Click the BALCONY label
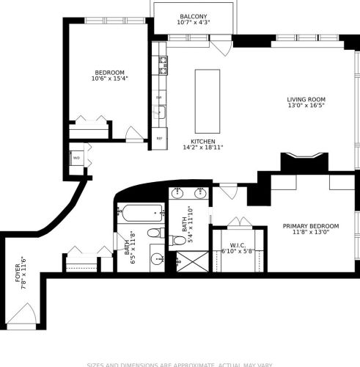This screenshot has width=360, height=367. point(194,17)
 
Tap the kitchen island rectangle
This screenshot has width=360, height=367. point(207,90)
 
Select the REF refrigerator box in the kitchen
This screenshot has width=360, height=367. point(159,138)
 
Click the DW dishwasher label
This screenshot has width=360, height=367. point(158,98)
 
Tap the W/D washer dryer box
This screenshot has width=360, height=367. point(76,157)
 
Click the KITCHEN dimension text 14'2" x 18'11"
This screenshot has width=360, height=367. point(202,148)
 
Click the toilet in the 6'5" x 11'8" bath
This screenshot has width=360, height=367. point(155,233)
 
